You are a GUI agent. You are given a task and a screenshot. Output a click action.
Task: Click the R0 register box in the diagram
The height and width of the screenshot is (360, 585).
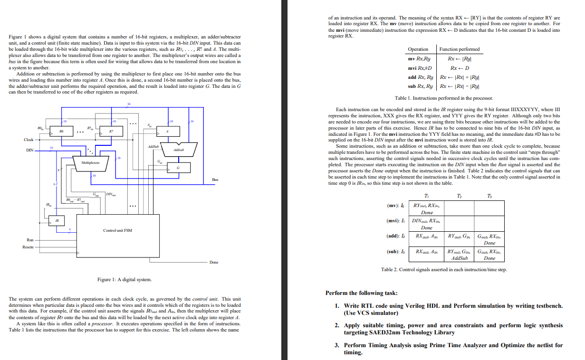[x=61, y=131]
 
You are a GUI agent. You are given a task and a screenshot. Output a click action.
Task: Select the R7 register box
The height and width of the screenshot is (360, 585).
[x=111, y=131]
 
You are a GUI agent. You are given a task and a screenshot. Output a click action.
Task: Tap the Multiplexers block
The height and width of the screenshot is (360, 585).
[x=90, y=163]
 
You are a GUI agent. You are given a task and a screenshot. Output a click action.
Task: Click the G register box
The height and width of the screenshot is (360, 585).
[x=178, y=168]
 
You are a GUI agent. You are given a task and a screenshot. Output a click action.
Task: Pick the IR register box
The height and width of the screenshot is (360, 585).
[x=57, y=221]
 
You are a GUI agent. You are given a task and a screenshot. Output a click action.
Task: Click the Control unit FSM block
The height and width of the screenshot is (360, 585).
[x=117, y=230]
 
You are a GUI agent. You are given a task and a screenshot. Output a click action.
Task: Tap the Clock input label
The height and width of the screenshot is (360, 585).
[x=29, y=140]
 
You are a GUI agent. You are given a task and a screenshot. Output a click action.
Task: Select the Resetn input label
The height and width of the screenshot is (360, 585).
[x=28, y=247]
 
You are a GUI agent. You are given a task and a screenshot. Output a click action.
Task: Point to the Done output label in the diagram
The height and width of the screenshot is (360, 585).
[x=214, y=262]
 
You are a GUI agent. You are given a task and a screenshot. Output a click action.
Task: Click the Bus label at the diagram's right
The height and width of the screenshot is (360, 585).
[x=215, y=180]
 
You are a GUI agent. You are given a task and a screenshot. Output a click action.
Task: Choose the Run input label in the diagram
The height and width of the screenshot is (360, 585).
[x=30, y=240]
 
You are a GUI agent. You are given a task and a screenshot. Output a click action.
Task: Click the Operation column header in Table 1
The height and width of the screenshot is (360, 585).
[x=418, y=49]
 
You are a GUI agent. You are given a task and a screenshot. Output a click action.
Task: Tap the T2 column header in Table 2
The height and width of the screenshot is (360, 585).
[x=459, y=196]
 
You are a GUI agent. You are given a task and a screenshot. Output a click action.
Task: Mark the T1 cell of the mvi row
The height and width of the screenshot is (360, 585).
[x=427, y=224]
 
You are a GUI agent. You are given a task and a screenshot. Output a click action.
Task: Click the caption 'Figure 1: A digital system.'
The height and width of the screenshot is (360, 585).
[x=125, y=280]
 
